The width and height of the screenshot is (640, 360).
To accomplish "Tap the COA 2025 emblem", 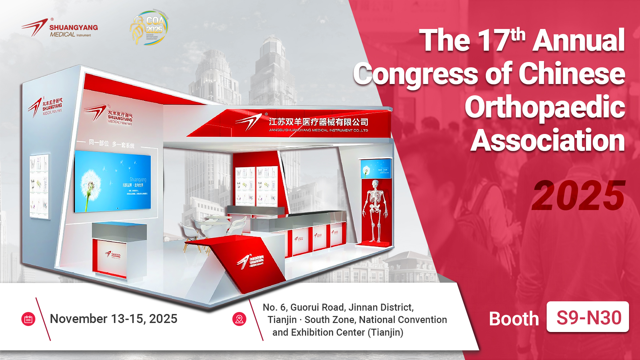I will tap(149, 28).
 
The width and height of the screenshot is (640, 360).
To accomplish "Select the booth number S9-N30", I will tap(588, 317).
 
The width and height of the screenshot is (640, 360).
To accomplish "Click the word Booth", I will tap(514, 319).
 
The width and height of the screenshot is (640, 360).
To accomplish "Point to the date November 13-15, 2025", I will tap(113, 319).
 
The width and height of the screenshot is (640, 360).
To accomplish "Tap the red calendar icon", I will tap(28, 319).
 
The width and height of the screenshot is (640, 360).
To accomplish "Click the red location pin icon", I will tap(239, 319).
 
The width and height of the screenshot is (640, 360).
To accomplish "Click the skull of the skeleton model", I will tap(375, 184).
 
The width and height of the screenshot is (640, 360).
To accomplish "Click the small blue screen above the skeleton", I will tap(376, 169).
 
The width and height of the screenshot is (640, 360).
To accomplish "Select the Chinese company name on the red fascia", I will tap(318, 122).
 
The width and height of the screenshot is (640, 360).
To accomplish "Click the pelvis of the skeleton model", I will tap(375, 209).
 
